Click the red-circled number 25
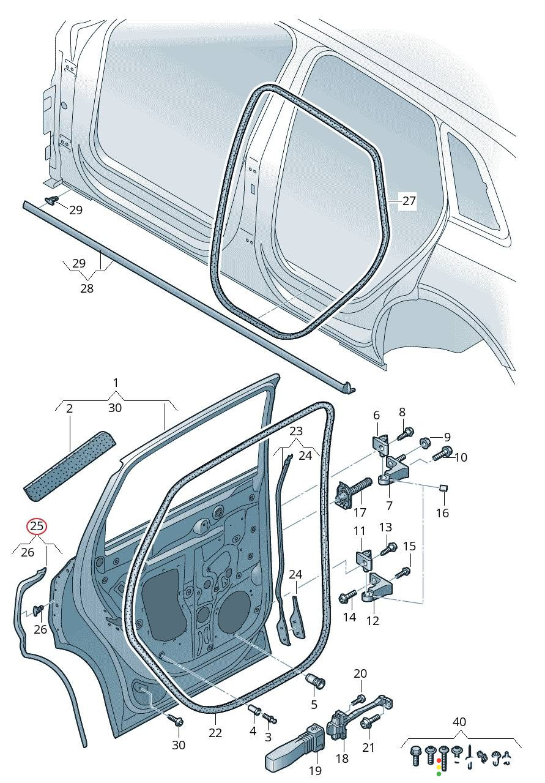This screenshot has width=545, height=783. coord(37,526)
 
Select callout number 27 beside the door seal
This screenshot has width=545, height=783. coord(409,200)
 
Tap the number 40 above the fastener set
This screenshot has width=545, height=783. coord(459,722)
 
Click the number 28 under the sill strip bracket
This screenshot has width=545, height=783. coord(87,288)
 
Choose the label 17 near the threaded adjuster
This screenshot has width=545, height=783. coord(360,512)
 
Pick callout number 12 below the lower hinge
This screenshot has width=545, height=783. coord(373,620)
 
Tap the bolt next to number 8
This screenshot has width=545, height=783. coord(404,434)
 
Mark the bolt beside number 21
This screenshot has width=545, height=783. coord(368,724)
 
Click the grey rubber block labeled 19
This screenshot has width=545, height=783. coord(294,751)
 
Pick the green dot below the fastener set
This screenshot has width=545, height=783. coord(439,774)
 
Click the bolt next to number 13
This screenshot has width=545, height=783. coord(388,549)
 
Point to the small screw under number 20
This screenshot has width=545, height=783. coord(358,699)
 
